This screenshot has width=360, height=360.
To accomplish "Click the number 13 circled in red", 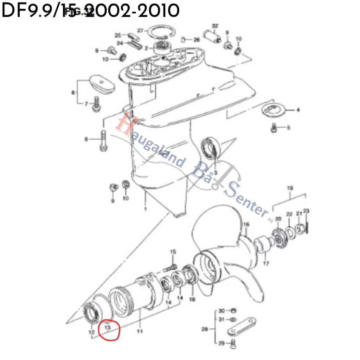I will coord(108,327).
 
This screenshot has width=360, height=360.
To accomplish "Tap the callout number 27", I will coord(140,31).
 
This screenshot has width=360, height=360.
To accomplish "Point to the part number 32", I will coord(215,26).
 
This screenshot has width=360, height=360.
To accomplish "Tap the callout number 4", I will coord(298,110).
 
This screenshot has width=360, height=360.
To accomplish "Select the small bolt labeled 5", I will coord(275,128).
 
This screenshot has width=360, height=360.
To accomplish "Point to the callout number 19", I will coord(290,188).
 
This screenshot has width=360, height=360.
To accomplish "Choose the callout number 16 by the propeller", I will coord(246,224).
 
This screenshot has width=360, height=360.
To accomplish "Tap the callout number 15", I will coord(173,252).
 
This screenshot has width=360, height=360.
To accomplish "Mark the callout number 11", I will coord(140,331).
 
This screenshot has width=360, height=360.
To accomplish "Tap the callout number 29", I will coord(221,343).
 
